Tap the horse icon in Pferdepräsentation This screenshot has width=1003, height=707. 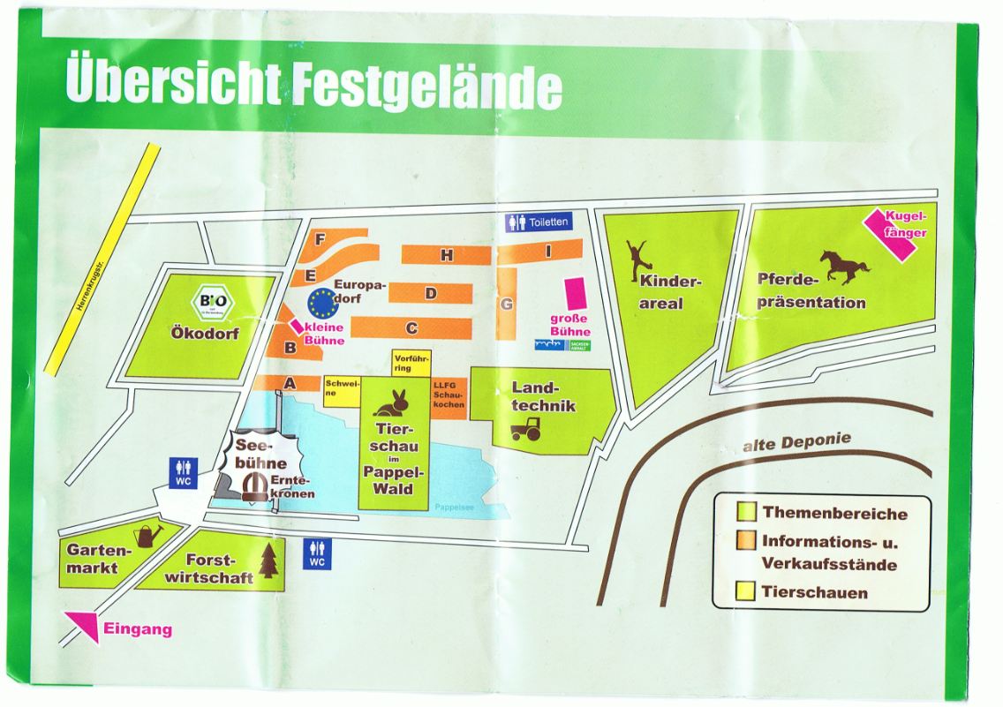[844, 266]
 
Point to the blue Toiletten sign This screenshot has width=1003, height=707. [539, 222]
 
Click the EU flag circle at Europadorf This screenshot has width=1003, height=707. [323, 303]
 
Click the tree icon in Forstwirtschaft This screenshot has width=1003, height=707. [268, 560]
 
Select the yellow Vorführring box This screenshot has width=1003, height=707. [411, 363]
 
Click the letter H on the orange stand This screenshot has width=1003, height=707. [447, 255]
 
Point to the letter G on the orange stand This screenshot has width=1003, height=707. [506, 305]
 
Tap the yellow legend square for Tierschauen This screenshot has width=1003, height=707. [746, 591]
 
